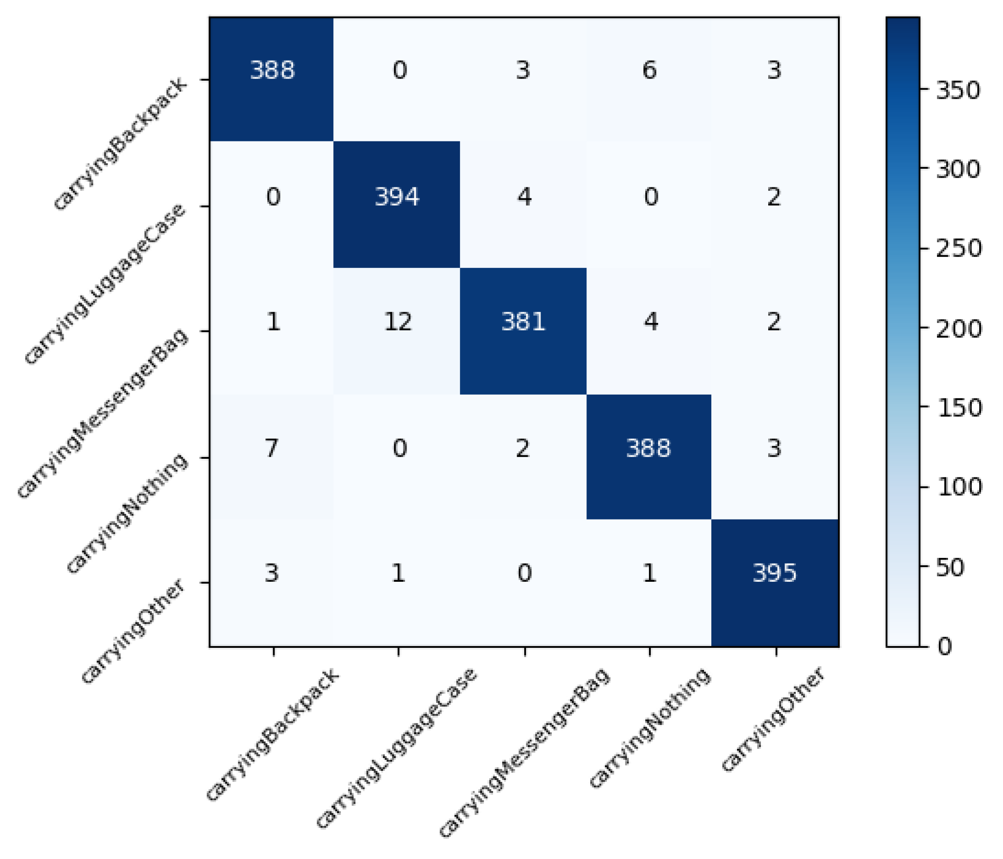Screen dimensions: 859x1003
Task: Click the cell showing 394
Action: [397, 197]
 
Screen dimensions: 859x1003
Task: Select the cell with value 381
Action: [524, 322]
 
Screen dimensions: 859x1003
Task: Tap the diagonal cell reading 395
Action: [774, 573]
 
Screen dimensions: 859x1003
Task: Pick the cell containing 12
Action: [398, 322]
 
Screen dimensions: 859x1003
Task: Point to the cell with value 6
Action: [650, 71]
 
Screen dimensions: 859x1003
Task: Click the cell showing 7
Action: [272, 448]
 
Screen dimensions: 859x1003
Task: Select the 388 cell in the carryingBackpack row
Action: [272, 71]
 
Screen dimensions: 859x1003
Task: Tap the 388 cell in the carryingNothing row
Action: [649, 448]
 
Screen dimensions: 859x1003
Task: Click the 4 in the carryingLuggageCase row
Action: [524, 197]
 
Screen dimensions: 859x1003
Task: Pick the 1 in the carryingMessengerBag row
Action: [273, 322]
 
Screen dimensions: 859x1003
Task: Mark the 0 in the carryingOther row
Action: [524, 573]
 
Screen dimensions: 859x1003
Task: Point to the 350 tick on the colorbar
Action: [958, 91]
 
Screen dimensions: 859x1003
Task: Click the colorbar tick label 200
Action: [958, 329]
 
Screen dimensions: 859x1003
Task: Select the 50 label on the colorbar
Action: [950, 568]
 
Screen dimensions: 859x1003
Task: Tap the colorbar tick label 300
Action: [958, 169]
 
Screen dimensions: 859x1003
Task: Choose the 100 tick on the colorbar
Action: [958, 488]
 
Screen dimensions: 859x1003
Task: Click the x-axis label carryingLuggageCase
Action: [396, 748]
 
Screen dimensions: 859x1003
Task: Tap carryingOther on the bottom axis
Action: [773, 719]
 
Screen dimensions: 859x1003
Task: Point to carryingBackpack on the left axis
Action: [120, 144]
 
